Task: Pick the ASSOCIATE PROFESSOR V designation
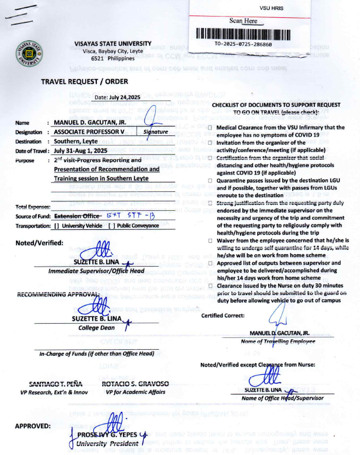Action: pos(89,132)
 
